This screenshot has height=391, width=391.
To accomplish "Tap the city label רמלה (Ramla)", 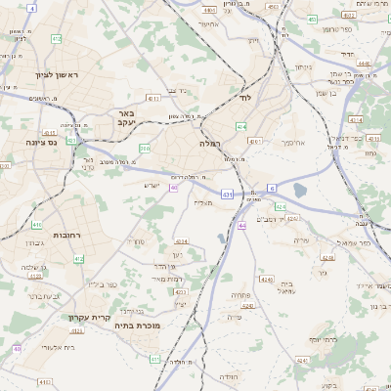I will click(x=211, y=143).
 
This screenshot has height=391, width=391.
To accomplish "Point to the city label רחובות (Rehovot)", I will click(x=65, y=235).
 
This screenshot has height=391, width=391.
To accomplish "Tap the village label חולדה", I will click(x=228, y=375).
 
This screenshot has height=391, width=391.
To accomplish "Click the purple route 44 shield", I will click(x=241, y=226).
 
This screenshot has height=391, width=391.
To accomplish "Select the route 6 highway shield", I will click(x=273, y=187).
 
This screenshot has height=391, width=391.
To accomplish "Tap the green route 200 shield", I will click(x=145, y=149).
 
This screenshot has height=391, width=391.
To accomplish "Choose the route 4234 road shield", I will click(x=181, y=240).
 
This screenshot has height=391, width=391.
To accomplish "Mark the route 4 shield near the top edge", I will click(x=32, y=8).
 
